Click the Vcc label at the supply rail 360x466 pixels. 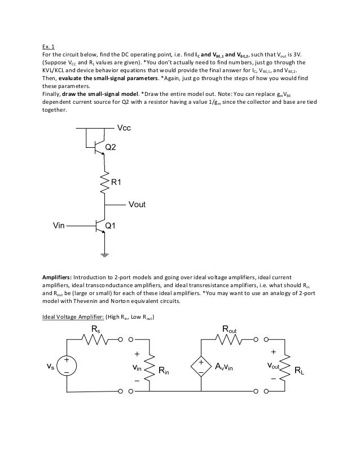tap(124, 129)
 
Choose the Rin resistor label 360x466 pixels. tap(164, 371)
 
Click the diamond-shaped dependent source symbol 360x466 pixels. tap(201, 367)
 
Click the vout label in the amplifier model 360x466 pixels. tap(275, 366)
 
